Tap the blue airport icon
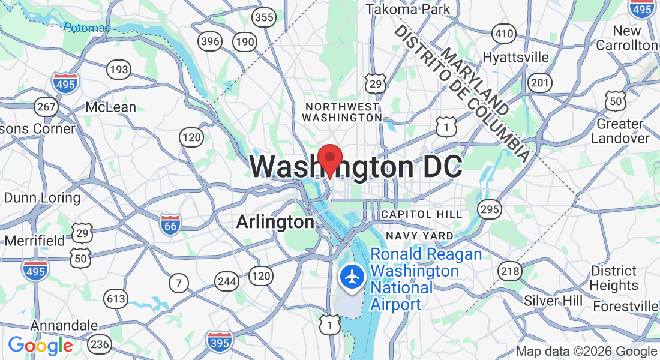[352, 277]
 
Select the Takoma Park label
[408, 10]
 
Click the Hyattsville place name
[516, 57]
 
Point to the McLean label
[111, 107]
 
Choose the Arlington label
[275, 222]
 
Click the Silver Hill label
[550, 300]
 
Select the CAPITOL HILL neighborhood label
[422, 214]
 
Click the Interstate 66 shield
[171, 224]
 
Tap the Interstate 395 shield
[220, 341]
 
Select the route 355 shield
[265, 17]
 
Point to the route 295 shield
[489, 209]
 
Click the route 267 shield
[46, 107]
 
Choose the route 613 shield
[115, 298]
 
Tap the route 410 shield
[503, 33]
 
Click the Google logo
[40, 346]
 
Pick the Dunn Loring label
[42, 197]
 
